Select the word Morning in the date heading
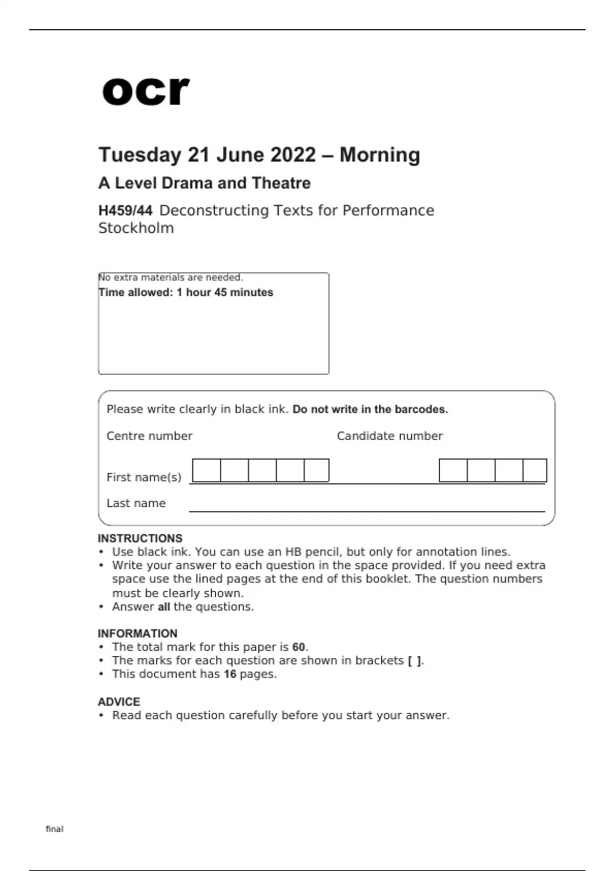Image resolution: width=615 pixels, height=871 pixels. pos(380,155)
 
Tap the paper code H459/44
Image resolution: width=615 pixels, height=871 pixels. pos(126,211)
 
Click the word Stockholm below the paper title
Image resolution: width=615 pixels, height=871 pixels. pos(136,228)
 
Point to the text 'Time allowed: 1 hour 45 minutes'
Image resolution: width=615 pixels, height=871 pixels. pos(186,293)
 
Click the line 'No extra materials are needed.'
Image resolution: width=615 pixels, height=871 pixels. pos(171,277)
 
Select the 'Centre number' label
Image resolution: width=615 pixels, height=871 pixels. pos(149,436)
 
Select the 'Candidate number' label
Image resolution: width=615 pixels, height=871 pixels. pos(389,436)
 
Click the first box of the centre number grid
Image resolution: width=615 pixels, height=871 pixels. pos(207,470)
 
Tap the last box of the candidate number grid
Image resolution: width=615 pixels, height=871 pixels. pos(535,470)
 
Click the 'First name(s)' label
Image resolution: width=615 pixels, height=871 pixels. pos(144,478)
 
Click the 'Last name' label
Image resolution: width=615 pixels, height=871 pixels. pos(136,503)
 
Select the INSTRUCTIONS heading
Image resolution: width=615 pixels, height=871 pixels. pos(140,538)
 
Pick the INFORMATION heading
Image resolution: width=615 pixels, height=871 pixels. pos(137,633)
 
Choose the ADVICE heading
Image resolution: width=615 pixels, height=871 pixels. pos(119,702)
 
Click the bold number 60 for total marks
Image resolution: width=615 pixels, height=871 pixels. pos(299,647)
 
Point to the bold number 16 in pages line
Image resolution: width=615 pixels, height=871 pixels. pos(230,674)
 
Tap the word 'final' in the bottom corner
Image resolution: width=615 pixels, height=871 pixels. pos(55,829)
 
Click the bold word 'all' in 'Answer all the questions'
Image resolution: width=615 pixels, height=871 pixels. pos(163,607)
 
